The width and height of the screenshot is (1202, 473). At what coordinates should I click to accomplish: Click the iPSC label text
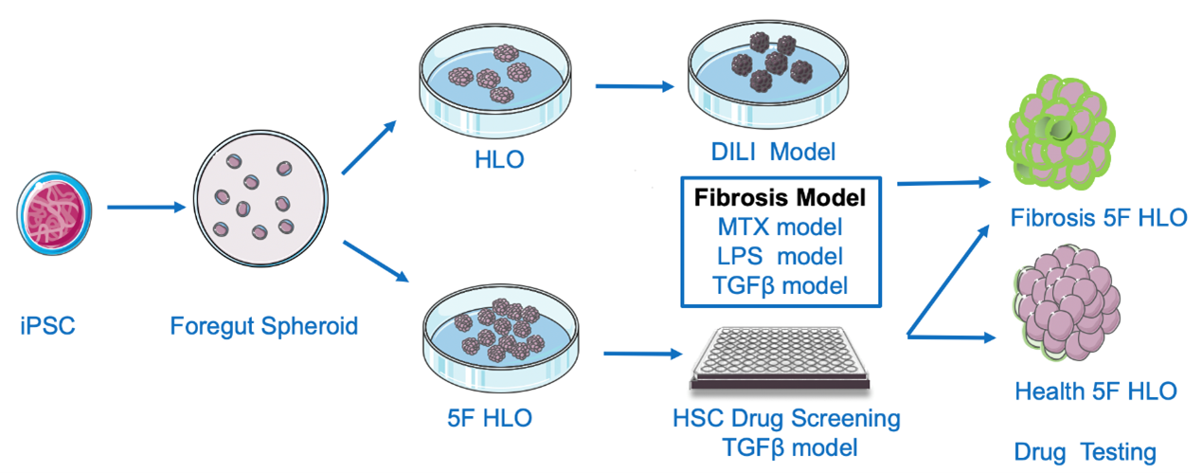[x=47, y=326]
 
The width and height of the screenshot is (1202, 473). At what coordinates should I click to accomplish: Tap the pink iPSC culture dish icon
[x=54, y=213]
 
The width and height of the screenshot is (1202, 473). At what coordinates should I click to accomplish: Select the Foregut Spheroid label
[x=264, y=326]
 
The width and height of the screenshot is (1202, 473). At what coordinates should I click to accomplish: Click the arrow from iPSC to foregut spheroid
[x=146, y=208]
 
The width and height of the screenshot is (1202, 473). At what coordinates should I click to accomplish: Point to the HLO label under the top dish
[x=499, y=159]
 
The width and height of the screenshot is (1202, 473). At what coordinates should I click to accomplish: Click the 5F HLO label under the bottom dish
[x=490, y=418]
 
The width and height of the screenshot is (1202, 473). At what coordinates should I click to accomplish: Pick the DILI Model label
[x=773, y=152]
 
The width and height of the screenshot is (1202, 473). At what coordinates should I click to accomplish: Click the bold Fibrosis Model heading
[x=780, y=197]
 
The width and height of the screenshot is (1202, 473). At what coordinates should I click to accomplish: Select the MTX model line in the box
[x=780, y=227]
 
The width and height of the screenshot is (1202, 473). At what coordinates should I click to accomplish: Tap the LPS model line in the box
[x=780, y=256]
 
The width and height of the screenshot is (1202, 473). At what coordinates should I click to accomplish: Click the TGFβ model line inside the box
[x=780, y=285]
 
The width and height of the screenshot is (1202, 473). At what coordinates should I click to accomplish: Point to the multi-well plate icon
[x=780, y=358]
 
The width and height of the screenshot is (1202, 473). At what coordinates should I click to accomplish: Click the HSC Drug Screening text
[x=787, y=418]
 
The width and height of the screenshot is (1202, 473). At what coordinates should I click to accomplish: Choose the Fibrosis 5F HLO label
[x=1099, y=218]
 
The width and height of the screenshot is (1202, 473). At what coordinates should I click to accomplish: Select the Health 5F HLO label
[x=1096, y=391]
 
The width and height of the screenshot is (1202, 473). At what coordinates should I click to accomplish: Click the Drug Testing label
[x=1085, y=452]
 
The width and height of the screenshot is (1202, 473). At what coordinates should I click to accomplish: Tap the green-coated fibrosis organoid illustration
[x=1060, y=133]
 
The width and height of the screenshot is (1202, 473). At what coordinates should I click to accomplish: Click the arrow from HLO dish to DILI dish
[x=635, y=86]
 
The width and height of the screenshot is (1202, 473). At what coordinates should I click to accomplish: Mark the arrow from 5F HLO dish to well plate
[x=643, y=354]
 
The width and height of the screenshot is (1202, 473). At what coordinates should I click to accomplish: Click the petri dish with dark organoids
[x=768, y=75]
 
